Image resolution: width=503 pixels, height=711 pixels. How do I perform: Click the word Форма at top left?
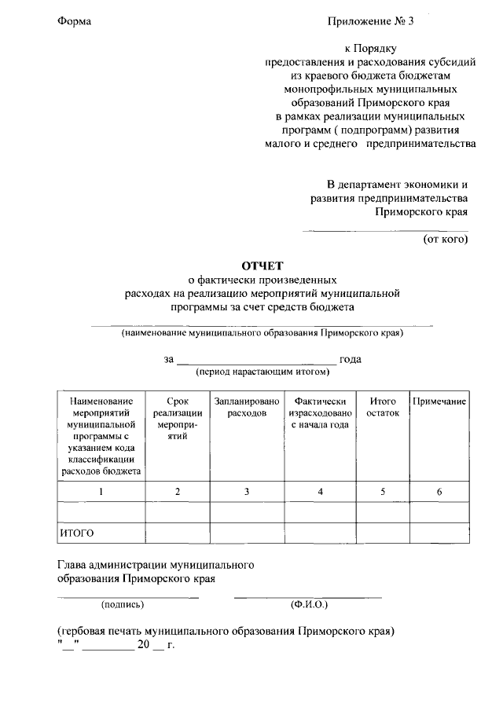pos(75,21)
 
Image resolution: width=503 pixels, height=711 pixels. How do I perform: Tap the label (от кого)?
pos(446,238)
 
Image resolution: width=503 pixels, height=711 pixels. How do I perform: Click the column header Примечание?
pos(439,401)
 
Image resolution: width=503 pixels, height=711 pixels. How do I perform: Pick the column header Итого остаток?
pos(382,407)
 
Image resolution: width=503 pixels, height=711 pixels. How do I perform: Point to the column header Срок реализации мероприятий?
pos(178,418)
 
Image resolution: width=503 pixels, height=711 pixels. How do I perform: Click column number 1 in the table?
pos(101,492)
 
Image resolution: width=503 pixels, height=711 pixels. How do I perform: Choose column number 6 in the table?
pos(439,492)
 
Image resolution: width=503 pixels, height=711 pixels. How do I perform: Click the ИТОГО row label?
pos(77,533)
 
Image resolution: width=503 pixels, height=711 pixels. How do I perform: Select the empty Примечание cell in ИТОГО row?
pos(439,533)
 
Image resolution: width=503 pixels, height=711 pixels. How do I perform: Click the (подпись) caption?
pos(122,605)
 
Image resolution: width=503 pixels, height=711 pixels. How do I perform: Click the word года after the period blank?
pos(351,360)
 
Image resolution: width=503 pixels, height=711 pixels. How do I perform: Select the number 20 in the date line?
pos(142,645)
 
